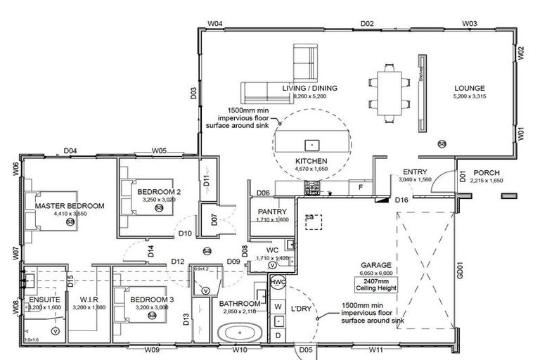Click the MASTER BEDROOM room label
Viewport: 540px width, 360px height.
tap(70, 205)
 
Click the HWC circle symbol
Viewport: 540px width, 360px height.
tap(277, 282)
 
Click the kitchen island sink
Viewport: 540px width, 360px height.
tap(311, 144)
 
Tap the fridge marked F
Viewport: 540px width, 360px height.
tap(361, 188)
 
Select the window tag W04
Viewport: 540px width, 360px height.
tap(215, 24)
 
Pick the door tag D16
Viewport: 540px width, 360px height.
tap(402, 201)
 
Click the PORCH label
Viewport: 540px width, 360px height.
tap(486, 173)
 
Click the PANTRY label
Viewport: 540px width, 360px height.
tap(269, 211)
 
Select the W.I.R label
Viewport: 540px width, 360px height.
tap(88, 299)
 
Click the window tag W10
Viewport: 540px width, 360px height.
tap(240, 349)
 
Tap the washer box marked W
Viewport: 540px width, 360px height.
tap(277, 307)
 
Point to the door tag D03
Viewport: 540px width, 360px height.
tap(193, 92)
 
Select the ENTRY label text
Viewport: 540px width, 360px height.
tap(416, 172)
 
